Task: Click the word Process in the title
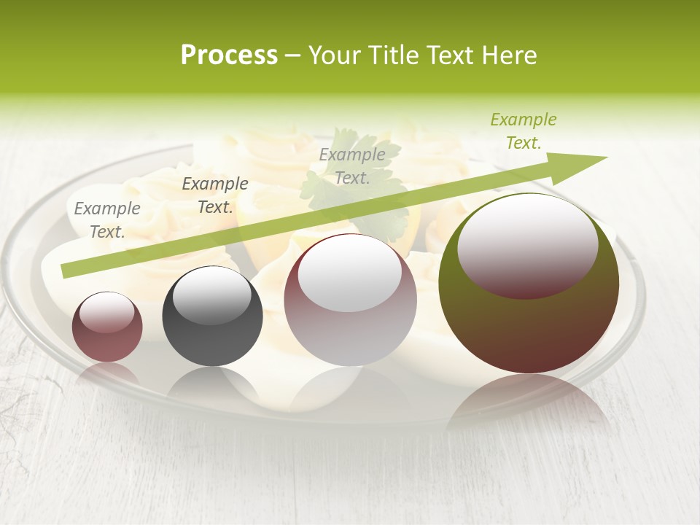tap(229, 55)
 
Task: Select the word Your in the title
tap(335, 55)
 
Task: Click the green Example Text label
tap(523, 131)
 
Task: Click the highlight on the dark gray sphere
tap(211, 295)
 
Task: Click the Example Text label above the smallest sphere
tap(107, 220)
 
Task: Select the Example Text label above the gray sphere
tap(215, 195)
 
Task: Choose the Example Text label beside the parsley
tap(352, 166)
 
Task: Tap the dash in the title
tap(293, 55)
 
